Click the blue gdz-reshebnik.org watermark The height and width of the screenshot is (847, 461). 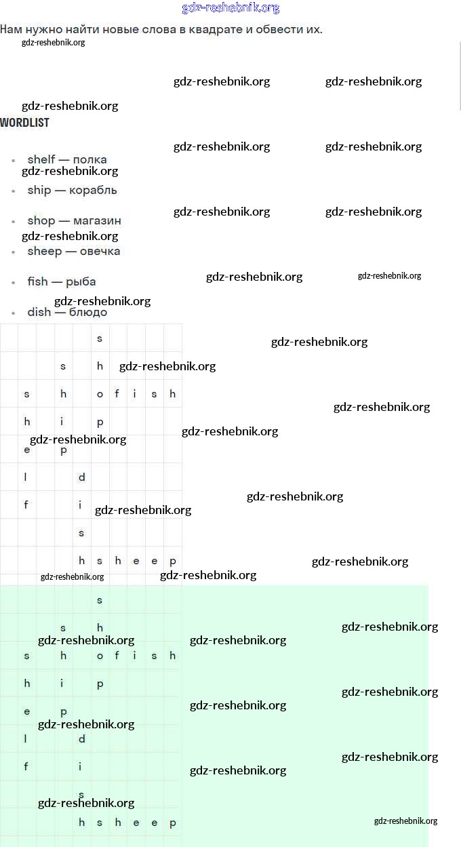pyautogui.click(x=230, y=8)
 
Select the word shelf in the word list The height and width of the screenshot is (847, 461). pyautogui.click(x=41, y=159)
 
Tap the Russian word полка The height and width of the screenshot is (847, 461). pyautogui.click(x=89, y=159)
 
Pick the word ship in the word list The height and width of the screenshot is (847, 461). pyautogui.click(x=39, y=190)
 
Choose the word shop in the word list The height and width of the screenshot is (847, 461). pyautogui.click(x=41, y=220)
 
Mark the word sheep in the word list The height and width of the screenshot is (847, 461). pyautogui.click(x=45, y=251)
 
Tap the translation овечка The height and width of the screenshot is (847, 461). pyautogui.click(x=100, y=251)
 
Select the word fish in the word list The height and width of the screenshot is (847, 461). pyautogui.click(x=38, y=281)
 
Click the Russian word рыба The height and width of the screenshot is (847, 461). pyautogui.click(x=81, y=281)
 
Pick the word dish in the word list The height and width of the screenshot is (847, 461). pyautogui.click(x=39, y=312)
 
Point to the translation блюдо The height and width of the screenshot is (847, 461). pyautogui.click(x=87, y=312)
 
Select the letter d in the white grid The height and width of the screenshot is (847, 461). pyautogui.click(x=82, y=477)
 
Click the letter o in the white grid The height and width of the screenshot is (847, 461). pyautogui.click(x=100, y=394)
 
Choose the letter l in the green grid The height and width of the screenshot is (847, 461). pyautogui.click(x=26, y=738)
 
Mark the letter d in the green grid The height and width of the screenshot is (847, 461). pyautogui.click(x=82, y=738)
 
